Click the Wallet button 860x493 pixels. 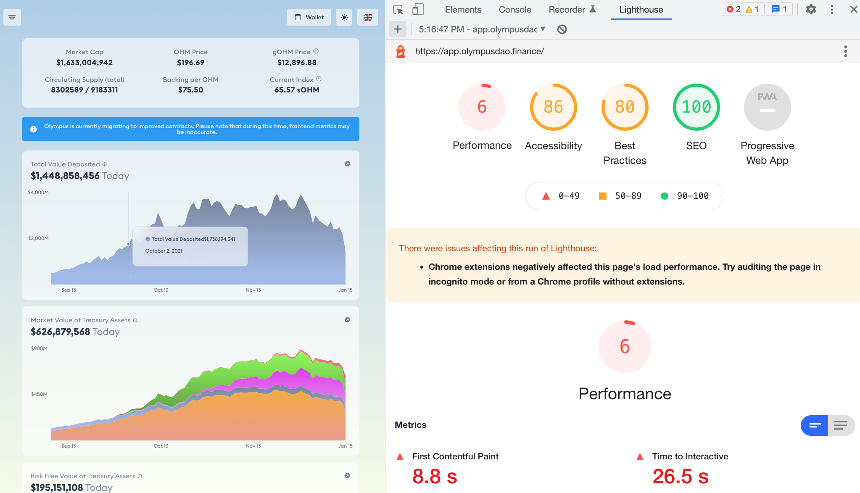(x=309, y=17)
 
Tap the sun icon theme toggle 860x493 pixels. (x=344, y=17)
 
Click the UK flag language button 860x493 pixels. (x=367, y=17)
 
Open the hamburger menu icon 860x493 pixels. (x=12, y=17)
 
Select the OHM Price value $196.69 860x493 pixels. (x=190, y=63)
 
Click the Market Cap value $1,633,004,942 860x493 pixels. (x=84, y=63)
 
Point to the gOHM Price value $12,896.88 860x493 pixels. (x=297, y=63)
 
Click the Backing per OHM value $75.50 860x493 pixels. (x=190, y=90)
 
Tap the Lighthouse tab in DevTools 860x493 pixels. (x=641, y=10)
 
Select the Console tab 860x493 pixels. (x=515, y=10)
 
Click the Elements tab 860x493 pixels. (x=463, y=10)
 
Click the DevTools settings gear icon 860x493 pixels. (x=811, y=10)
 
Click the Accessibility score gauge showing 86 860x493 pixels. (x=553, y=107)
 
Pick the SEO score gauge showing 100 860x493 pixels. (x=696, y=107)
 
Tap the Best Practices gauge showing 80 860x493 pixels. (x=625, y=107)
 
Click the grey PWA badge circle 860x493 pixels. (x=767, y=107)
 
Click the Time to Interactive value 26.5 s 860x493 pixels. (x=681, y=477)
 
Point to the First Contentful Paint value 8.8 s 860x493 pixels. (x=435, y=477)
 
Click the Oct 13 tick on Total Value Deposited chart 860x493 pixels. (x=161, y=290)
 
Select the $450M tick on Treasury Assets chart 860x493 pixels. (x=39, y=394)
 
